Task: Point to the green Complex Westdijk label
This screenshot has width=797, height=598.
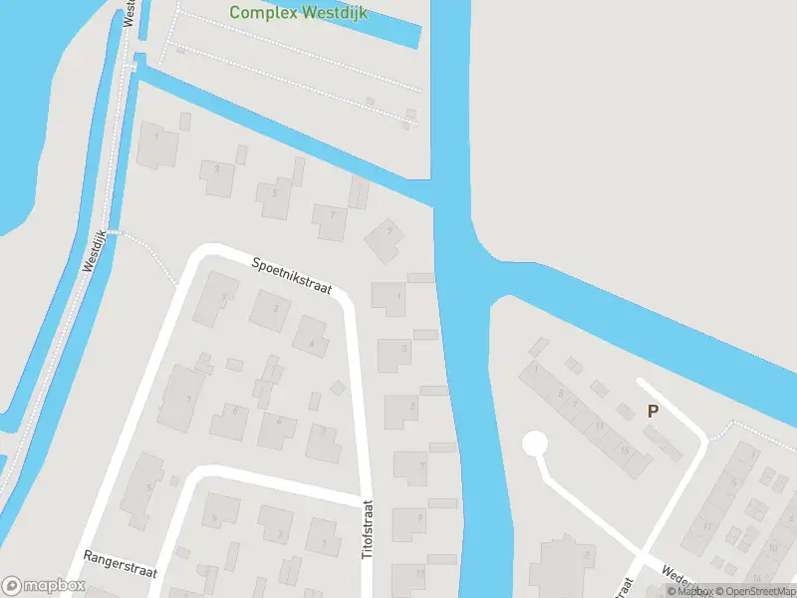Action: pyautogui.click(x=283, y=13)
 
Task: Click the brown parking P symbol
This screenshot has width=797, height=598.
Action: pyautogui.click(x=654, y=411)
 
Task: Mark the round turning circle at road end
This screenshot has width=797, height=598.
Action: pyautogui.click(x=536, y=445)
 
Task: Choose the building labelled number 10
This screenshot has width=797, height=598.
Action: pyautogui.click(x=775, y=546)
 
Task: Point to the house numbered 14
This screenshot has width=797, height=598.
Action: pyautogui.click(x=757, y=578)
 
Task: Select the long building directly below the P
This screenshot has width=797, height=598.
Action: pyautogui.click(x=664, y=444)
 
